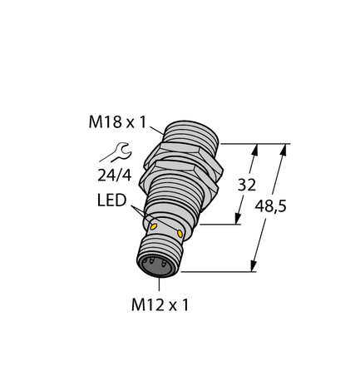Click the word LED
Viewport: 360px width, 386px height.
point(112,202)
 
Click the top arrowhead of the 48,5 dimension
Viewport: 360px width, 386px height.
point(285,149)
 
